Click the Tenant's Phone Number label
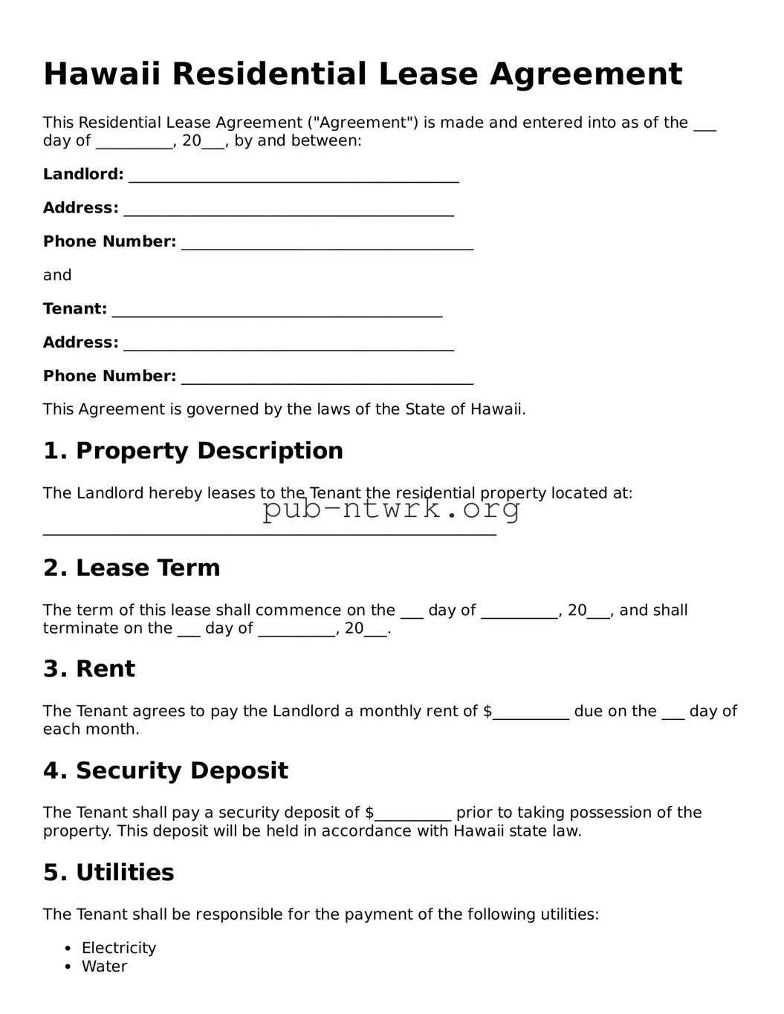tap(109, 376)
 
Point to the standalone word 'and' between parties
tap(57, 275)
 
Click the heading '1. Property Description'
tap(193, 451)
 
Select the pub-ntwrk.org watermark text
tap(391, 509)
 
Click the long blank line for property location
tap(269, 533)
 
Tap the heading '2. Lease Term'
tap(132, 568)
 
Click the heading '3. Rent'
tap(89, 669)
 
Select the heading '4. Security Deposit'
tap(165, 770)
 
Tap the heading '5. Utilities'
tap(108, 872)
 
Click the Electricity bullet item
tap(119, 948)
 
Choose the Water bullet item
tap(104, 966)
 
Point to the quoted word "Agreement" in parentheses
tap(363, 123)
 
